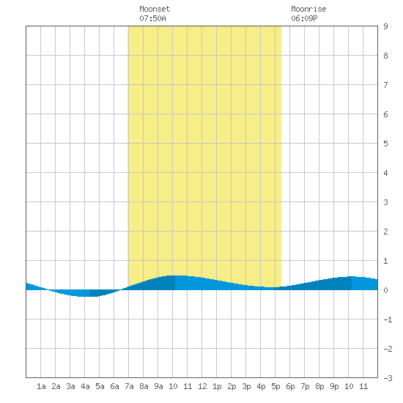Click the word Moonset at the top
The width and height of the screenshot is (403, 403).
click(155, 9)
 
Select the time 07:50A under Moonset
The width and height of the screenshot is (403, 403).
click(152, 18)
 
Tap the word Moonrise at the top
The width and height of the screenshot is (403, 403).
click(308, 9)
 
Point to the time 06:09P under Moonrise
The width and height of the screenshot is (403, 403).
click(304, 18)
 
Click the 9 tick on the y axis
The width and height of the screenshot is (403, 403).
click(385, 26)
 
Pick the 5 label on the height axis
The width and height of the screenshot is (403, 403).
click(385, 144)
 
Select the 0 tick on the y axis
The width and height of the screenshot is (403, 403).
click(385, 290)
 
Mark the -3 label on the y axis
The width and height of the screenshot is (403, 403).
click(388, 378)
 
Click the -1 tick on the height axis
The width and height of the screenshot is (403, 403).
click(388, 319)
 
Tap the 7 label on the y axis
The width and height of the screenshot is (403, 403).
click(385, 85)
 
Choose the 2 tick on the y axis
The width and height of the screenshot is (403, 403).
click(385, 232)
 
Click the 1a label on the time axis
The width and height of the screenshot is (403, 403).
click(41, 386)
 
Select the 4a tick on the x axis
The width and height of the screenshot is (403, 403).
click(85, 386)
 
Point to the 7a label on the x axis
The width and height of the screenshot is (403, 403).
click(129, 386)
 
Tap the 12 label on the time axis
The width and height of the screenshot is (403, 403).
click(202, 386)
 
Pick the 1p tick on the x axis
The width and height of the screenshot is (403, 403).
click(217, 386)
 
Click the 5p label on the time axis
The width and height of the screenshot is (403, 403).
click(276, 386)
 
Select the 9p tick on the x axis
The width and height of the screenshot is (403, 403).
click(334, 386)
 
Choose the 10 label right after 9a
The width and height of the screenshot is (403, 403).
click(173, 386)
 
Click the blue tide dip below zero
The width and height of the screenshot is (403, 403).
click(85, 293)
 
